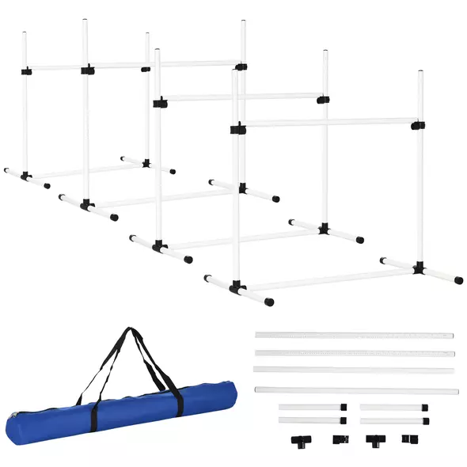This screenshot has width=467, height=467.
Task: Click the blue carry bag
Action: click(119, 412)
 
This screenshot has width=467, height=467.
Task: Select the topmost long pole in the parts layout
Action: click(354, 336)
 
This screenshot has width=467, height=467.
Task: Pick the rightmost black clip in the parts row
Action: click(409, 438)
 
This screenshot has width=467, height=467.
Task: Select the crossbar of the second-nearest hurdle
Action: click(241, 98)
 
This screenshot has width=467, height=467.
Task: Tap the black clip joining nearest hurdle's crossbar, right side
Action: click(417, 124)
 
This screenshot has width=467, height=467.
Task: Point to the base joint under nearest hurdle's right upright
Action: click(419, 268)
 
